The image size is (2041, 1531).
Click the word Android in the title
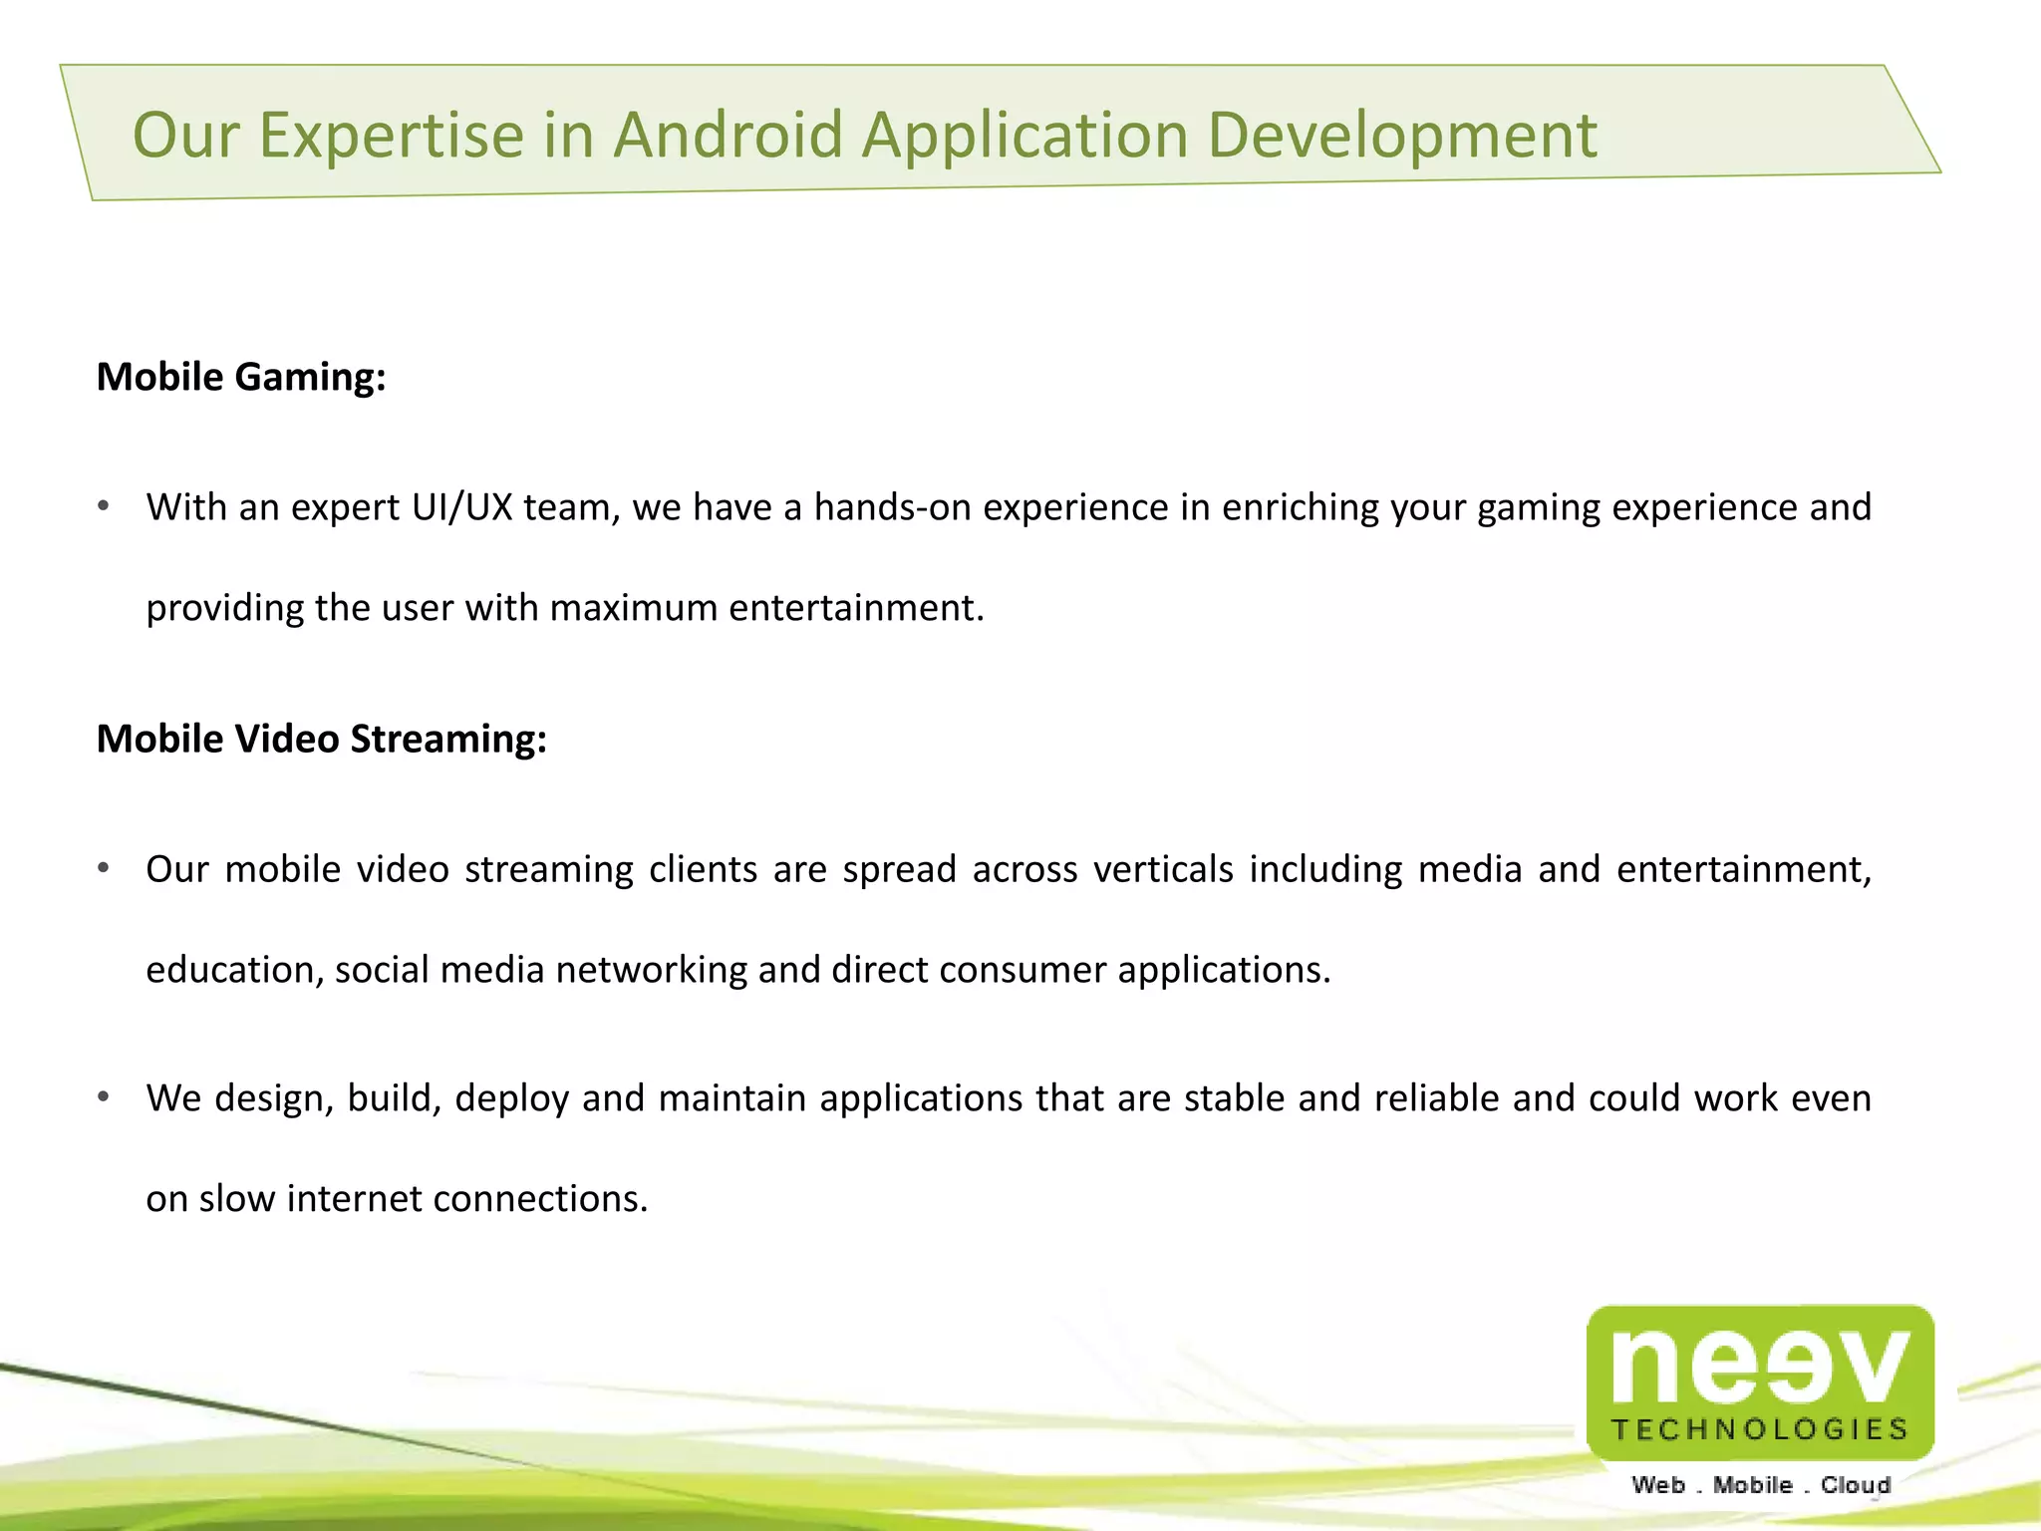click(728, 135)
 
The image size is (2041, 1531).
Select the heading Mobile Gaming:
click(241, 378)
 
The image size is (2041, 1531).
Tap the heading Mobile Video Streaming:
click(322, 740)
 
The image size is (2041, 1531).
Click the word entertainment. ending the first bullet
click(856, 608)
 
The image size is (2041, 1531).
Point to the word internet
click(354, 1198)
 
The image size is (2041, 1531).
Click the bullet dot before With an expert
click(104, 507)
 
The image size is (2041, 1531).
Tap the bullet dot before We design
click(104, 1098)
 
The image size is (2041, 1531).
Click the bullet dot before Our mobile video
click(104, 869)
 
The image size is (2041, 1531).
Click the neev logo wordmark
click(1760, 1364)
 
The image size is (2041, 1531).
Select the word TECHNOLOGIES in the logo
click(1760, 1430)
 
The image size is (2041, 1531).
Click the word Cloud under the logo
click(1855, 1485)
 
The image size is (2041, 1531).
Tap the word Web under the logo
click(1658, 1485)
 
